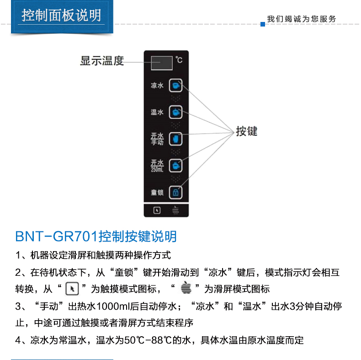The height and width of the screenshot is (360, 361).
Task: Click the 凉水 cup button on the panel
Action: coord(175,86)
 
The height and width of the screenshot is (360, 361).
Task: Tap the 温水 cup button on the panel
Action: coord(175,112)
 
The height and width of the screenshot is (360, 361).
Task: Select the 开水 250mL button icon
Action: coord(175,166)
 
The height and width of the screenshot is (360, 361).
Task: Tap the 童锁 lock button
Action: coord(175,193)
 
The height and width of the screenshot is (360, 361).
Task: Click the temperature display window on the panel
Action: coord(162,63)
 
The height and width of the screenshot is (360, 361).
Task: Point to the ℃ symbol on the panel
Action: coord(179,60)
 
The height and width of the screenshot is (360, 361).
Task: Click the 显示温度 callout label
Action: coord(102,61)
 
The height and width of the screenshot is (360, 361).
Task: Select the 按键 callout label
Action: coord(247,131)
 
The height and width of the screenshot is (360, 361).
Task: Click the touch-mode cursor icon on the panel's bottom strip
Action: coord(157,210)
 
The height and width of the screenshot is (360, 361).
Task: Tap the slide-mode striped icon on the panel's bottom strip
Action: coord(175,210)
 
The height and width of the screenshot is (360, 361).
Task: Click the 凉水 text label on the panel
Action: coord(157,86)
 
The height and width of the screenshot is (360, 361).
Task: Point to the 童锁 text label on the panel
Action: coord(157,193)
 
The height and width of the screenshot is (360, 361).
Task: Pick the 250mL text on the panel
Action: coord(157,170)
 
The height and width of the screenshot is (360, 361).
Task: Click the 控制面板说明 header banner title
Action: coord(61,16)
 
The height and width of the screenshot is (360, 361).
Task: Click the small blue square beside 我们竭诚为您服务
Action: coord(263,24)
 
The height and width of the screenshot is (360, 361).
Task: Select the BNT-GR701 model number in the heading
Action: coord(56,236)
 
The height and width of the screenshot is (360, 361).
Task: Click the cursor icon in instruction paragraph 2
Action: coord(72,289)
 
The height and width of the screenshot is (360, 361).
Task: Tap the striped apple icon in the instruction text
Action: coord(186,287)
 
